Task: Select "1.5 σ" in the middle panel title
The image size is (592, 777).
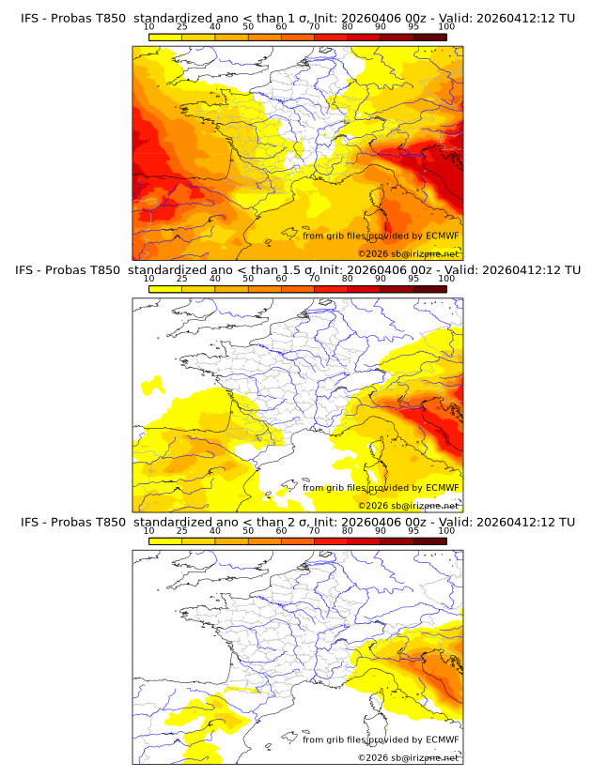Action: pyautogui.click(x=297, y=269)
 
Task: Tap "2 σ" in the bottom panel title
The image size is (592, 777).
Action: pyautogui.click(x=293, y=522)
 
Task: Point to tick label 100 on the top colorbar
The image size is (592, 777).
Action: pyautogui.click(x=446, y=26)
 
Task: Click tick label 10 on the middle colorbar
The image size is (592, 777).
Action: pyautogui.click(x=149, y=278)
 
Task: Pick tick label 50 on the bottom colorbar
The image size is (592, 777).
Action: pyautogui.click(x=248, y=530)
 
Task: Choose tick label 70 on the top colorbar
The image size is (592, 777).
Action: pyautogui.click(x=314, y=26)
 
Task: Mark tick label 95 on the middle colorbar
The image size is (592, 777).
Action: pyautogui.click(x=413, y=278)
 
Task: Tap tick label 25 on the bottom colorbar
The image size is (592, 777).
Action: pyautogui.click(x=181, y=530)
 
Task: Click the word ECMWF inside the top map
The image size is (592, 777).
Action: pyautogui.click(x=442, y=236)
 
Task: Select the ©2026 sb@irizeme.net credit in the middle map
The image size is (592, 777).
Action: pyautogui.click(x=408, y=505)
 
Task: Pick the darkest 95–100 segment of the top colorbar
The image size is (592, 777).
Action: pyautogui.click(x=429, y=37)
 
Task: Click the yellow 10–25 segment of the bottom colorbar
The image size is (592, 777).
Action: pyautogui.click(x=165, y=541)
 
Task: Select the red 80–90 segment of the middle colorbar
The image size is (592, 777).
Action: pyautogui.click(x=364, y=288)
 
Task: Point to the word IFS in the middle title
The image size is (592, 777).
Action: pyautogui.click(x=26, y=269)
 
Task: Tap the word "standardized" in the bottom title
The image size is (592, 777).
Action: pyautogui.click(x=176, y=522)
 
